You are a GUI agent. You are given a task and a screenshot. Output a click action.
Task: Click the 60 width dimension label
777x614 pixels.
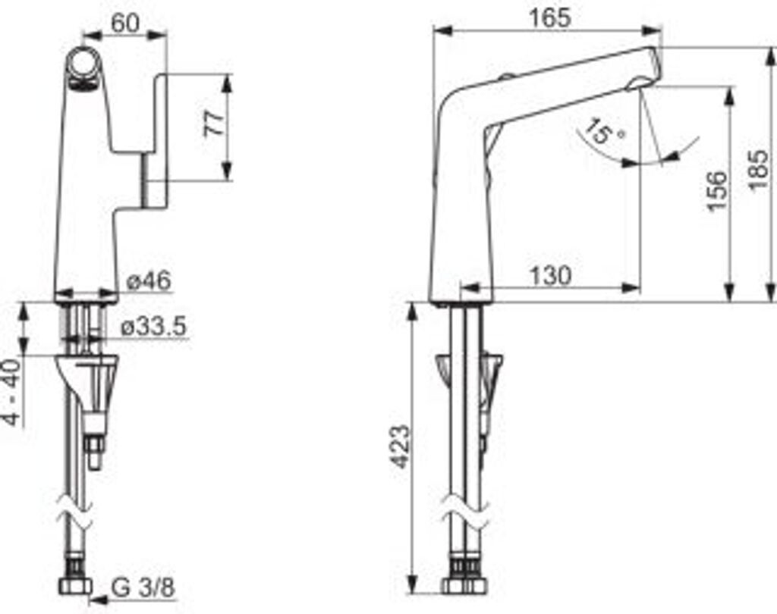click(x=125, y=22)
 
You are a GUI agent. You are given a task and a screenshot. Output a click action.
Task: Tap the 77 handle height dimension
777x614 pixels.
click(x=215, y=124)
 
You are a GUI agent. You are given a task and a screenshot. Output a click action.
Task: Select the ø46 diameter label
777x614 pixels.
click(x=149, y=281)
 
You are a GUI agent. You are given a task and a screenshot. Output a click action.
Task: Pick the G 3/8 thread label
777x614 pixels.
click(x=143, y=587)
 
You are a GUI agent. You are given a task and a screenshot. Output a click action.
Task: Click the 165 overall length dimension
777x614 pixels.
click(x=550, y=18)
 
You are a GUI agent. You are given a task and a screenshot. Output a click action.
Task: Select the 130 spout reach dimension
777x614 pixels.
click(x=551, y=275)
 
